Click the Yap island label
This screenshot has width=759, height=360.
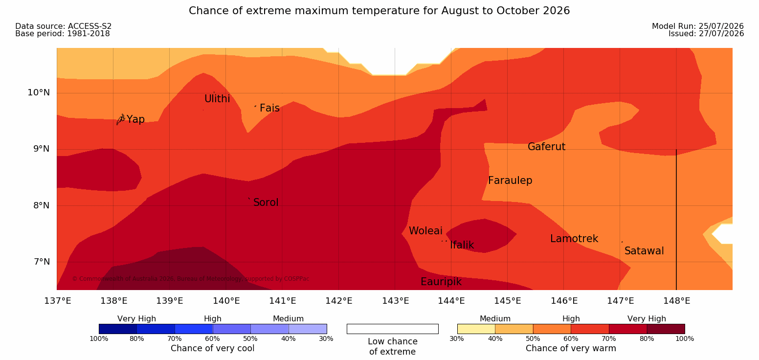tap(135, 119)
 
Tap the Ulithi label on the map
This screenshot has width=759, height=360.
tap(217, 99)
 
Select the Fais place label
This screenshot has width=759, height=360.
tap(270, 108)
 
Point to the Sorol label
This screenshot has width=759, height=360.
tap(266, 202)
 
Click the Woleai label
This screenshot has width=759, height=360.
tap(425, 231)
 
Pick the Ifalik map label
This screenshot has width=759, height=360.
tap(462, 245)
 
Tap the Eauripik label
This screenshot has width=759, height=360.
tap(441, 282)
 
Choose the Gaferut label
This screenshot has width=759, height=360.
tap(547, 147)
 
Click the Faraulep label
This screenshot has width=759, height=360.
tap(510, 180)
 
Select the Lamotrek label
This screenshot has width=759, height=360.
tap(574, 239)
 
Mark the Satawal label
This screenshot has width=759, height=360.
tap(644, 251)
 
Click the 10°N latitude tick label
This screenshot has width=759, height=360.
tap(39, 92)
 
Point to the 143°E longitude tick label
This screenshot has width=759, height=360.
tap(396, 301)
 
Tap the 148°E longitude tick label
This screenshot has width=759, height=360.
tap(676, 301)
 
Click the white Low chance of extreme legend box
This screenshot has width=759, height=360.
tap(392, 329)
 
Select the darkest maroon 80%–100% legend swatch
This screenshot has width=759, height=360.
tap(666, 329)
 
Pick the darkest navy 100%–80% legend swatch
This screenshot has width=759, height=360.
tap(118, 329)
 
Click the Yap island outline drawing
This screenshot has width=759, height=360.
tap(121, 120)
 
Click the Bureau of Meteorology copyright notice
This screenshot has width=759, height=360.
tap(190, 279)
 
